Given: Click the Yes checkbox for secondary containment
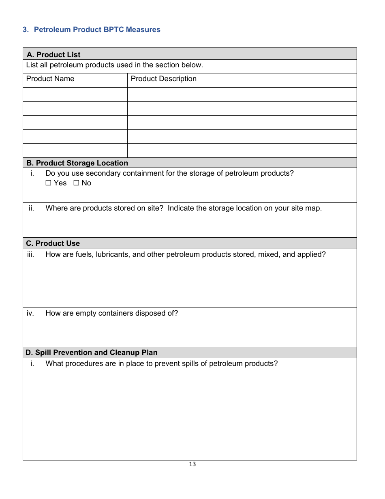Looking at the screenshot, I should point(49,183).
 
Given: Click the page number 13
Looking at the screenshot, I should point(192,464).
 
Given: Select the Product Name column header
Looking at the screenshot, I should point(50,79).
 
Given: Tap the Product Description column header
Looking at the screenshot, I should point(163,79).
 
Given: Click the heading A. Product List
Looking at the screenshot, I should point(53,55).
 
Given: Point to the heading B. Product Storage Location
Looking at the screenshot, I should point(77,163).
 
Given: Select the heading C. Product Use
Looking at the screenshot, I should point(53,243).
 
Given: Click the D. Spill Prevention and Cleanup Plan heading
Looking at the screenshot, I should point(92,353).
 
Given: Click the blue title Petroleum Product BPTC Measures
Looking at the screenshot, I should point(97,30).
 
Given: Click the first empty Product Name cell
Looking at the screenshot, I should point(75,95).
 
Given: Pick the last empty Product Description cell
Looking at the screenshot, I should point(242,151).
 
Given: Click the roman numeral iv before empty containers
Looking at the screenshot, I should point(30,313).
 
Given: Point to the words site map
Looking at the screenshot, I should point(308,208).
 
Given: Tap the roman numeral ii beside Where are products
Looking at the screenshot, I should point(31,208).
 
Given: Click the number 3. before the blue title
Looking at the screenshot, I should point(26,30).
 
